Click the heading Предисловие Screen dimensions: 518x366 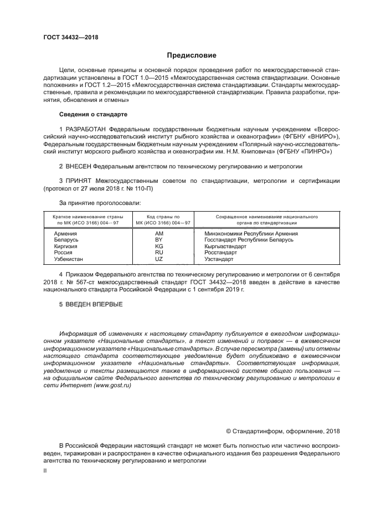188,55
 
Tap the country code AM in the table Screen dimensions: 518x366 159,233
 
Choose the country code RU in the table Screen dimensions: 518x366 159,252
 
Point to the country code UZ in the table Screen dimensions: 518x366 159,258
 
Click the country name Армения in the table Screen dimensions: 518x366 65,233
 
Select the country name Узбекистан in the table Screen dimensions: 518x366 69,258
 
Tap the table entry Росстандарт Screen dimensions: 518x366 220,252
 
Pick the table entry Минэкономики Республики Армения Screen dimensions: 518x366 251,233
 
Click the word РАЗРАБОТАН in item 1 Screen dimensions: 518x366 86,130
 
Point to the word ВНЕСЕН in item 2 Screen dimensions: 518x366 78,166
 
